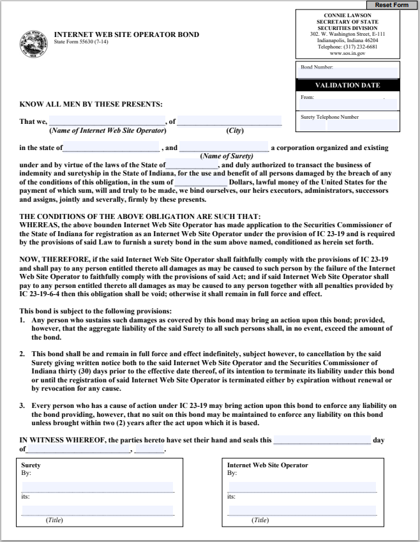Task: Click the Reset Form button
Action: (x=391, y=5)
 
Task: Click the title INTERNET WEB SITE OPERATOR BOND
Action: (x=126, y=34)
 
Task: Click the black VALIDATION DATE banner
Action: (x=348, y=85)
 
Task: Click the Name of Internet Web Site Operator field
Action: (x=107, y=121)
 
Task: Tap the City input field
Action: (x=229, y=121)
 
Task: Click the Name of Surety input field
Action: (x=224, y=147)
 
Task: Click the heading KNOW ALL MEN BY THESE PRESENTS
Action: (x=91, y=104)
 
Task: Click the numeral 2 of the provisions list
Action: (x=22, y=354)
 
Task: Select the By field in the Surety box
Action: (x=97, y=486)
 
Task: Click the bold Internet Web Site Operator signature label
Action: (x=267, y=465)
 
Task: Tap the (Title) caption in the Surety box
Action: (x=54, y=520)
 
